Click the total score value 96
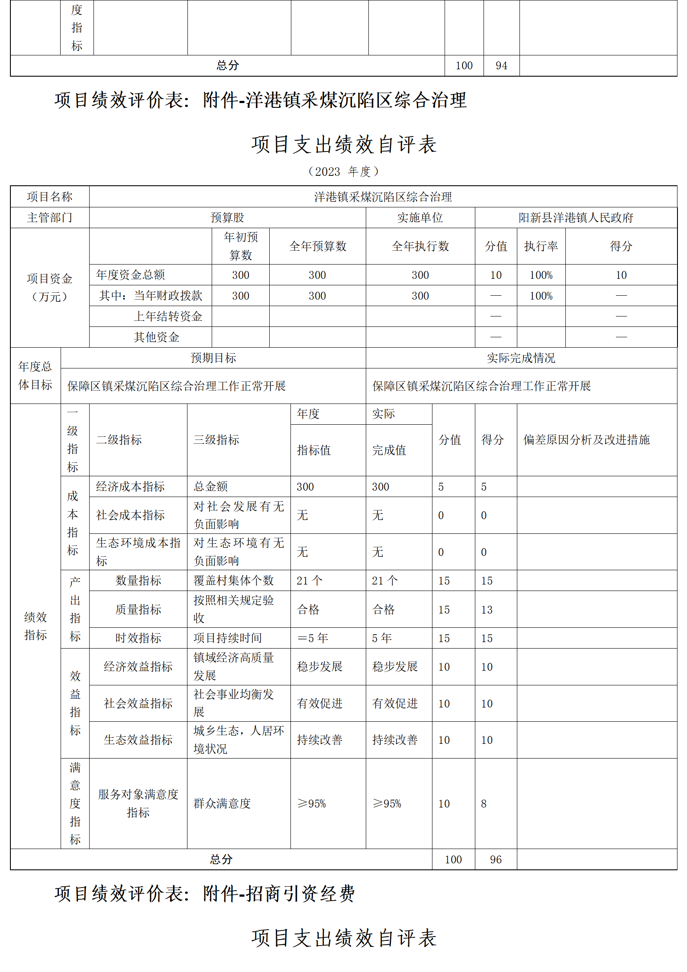[x=496, y=859]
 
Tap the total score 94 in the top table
[x=501, y=65]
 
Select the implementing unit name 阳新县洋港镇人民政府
[x=576, y=217]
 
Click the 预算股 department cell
[x=227, y=217]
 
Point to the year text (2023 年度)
[x=343, y=171]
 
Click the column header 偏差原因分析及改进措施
[x=587, y=440]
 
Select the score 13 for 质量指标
[x=487, y=610]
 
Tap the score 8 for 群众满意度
[x=484, y=804]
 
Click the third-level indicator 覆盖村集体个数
[x=234, y=581]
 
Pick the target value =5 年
[x=313, y=638]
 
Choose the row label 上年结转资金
[x=168, y=316]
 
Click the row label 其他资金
[x=157, y=337]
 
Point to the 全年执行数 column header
[x=420, y=246]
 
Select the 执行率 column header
[x=541, y=246]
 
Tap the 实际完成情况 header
[x=521, y=358]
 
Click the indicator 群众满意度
[x=222, y=804]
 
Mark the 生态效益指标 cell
[x=138, y=740]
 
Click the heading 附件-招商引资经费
[x=279, y=894]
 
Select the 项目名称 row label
[x=49, y=197]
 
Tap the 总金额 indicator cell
[x=211, y=487]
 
